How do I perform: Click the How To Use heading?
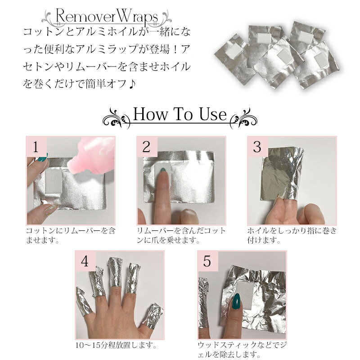pyautogui.click(x=180, y=115)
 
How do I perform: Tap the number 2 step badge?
pyautogui.click(x=146, y=147)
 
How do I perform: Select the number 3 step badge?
pyautogui.click(x=257, y=147)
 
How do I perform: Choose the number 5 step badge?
pyautogui.click(x=207, y=262)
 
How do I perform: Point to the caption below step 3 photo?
pyautogui.click(x=292, y=235)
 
